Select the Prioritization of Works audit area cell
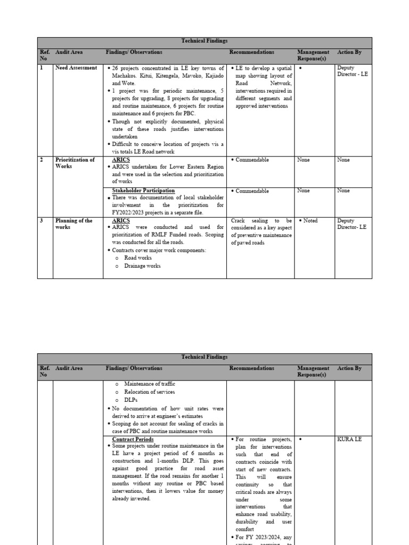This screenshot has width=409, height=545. click(x=75, y=163)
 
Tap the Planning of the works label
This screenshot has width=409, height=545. click(x=73, y=224)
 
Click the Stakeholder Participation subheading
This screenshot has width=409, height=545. click(x=143, y=191)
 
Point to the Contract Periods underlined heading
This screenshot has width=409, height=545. click(x=133, y=439)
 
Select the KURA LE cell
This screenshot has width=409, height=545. click(x=349, y=439)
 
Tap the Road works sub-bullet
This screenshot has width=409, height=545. click(x=138, y=258)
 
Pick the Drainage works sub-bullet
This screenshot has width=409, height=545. click(x=142, y=266)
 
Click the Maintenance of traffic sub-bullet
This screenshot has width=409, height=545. click(x=149, y=384)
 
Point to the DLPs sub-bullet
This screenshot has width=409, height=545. click(x=132, y=400)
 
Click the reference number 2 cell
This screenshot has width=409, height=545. click(x=41, y=160)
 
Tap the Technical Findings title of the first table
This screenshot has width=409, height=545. click(x=204, y=41)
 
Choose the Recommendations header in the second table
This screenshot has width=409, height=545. click(x=252, y=368)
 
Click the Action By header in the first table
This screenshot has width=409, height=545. click(x=349, y=52)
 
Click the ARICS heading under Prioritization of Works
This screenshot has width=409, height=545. click(x=121, y=160)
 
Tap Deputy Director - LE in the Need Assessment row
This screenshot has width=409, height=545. click(x=352, y=71)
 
